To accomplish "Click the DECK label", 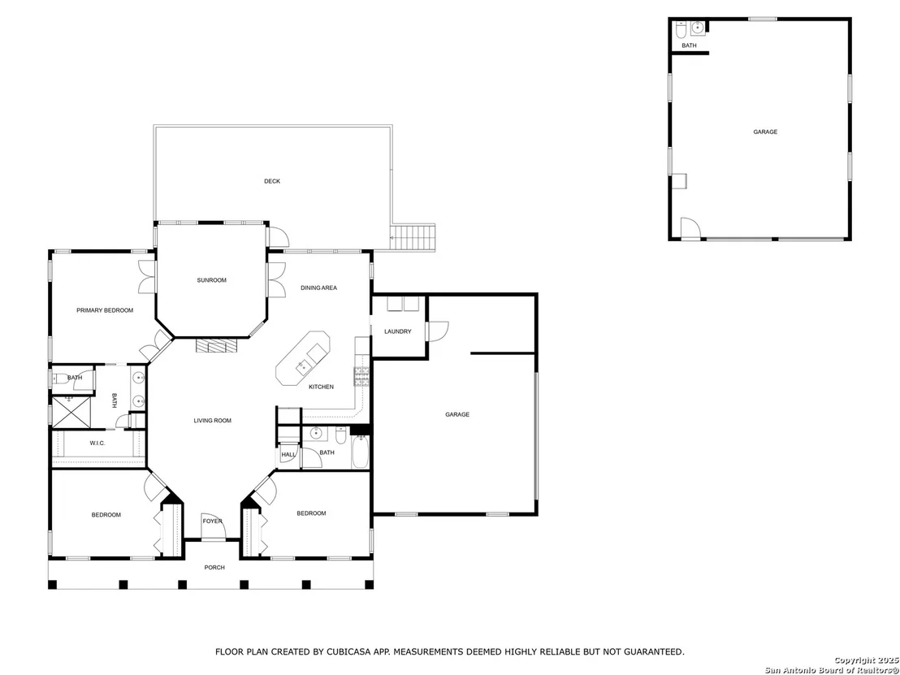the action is tap(272, 181).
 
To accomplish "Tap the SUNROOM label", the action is tap(212, 280).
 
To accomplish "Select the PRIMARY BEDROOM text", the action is tap(105, 310).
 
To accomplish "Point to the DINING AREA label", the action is tap(318, 288).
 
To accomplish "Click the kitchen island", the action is tap(303, 358).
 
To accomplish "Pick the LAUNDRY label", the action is tap(398, 331).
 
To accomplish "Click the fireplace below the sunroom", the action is tap(216, 345).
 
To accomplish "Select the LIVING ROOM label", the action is tap(212, 421).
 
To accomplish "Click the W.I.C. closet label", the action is tap(97, 444).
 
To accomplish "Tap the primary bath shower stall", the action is tap(71, 412).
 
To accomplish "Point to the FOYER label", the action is tap(212, 521).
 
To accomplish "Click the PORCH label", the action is tap(214, 568).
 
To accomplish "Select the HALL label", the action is tap(288, 455).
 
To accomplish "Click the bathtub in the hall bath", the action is tap(360, 453).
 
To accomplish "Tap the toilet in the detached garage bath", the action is tap(680, 28).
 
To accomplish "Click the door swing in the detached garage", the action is tap(690, 228).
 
